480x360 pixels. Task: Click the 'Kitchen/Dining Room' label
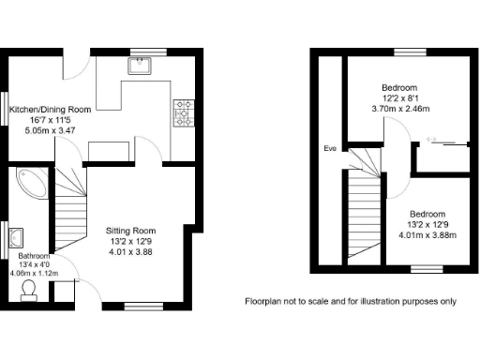point(50,110)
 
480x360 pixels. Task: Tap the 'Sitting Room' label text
point(131,231)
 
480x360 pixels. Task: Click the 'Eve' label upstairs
point(330,149)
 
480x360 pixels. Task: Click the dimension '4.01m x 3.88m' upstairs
point(427,234)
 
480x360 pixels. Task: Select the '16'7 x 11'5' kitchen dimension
point(50,120)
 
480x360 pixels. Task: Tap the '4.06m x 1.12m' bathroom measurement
point(34,273)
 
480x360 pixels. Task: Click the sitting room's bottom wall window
point(143,305)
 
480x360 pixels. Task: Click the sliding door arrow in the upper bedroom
point(432,141)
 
